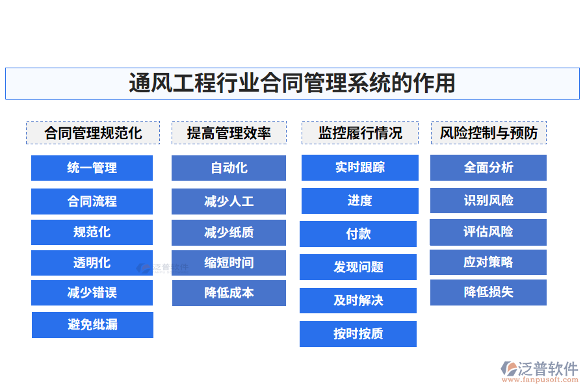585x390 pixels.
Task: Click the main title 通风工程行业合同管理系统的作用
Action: tap(292, 84)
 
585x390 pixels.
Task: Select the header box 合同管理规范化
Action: tap(92, 133)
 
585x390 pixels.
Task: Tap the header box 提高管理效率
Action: tap(229, 133)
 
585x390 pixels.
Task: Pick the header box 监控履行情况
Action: tap(359, 133)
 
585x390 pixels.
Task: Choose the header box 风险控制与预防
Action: tap(489, 133)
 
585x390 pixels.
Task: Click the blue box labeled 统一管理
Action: tap(92, 168)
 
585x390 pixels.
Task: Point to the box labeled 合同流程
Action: tap(92, 201)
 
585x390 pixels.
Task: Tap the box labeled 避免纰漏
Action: tap(92, 325)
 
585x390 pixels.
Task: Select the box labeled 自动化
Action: tap(229, 168)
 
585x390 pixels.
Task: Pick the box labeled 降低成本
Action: tap(229, 293)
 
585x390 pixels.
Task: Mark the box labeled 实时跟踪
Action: tap(359, 168)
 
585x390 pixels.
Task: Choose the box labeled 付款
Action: tap(358, 234)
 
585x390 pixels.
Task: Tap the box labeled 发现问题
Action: tap(358, 267)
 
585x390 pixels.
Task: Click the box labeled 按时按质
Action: tap(358, 334)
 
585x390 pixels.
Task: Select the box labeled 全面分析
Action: tap(488, 168)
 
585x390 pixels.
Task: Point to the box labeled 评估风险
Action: tap(488, 232)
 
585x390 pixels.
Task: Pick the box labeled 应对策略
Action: tap(488, 262)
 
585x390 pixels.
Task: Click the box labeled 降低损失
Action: tap(488, 292)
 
